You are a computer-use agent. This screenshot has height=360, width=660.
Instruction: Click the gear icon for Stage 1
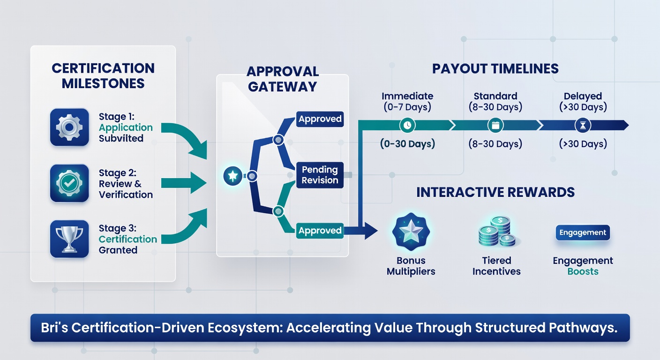[x=69, y=127]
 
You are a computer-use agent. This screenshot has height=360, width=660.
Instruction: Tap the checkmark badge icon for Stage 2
[x=69, y=183]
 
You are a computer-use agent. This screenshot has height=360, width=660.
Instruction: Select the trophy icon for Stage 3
[x=69, y=239]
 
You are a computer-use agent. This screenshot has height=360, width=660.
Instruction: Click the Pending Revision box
[x=320, y=175]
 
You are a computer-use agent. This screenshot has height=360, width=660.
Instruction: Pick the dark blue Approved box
[x=320, y=119]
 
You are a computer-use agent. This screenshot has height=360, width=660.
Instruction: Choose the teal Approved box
[x=320, y=230]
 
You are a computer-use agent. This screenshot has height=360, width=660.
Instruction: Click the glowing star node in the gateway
[x=233, y=176]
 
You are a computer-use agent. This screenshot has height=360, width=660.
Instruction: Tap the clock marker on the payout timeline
[x=407, y=125]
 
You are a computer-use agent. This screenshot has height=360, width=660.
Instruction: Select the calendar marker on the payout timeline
[x=495, y=125]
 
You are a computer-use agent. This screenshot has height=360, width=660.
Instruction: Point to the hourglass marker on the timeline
[x=583, y=125]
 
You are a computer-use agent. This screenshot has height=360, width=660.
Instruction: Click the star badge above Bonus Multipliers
[x=411, y=232]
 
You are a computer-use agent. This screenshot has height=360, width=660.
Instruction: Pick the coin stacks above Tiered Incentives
[x=497, y=232]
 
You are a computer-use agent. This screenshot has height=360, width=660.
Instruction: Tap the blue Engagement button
[x=583, y=232]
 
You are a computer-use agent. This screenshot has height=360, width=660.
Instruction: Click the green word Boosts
[x=583, y=271]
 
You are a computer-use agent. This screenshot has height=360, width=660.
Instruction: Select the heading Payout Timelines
[x=495, y=68]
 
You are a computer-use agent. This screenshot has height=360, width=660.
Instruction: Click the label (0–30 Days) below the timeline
[x=407, y=144]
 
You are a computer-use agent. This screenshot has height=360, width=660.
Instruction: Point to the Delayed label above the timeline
[x=583, y=96]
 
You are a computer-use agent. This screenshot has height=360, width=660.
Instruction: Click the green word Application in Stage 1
[x=126, y=127]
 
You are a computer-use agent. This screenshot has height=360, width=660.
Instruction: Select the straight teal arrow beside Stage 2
[x=184, y=183]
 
